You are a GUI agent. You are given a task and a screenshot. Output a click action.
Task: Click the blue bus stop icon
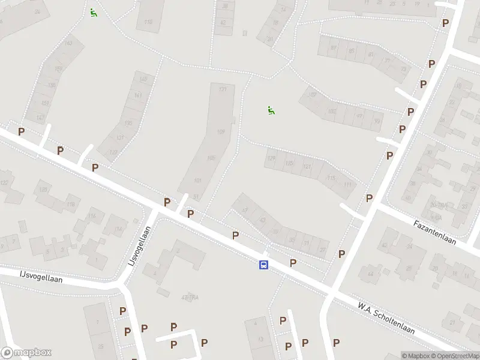pyautogui.click(x=263, y=265)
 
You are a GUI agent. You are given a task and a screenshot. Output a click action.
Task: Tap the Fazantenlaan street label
pyautogui.click(x=434, y=232)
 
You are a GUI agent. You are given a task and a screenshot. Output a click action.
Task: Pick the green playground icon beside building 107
pyautogui.click(x=271, y=110)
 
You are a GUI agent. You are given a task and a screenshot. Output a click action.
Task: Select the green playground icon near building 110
pyautogui.click(x=93, y=13)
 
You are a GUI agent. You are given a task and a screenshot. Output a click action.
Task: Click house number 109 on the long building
pyautogui.click(x=220, y=132)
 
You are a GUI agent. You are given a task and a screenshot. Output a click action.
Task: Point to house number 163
pyautogui.click(x=68, y=43)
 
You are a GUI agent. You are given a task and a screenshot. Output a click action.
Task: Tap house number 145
pyautogui.click(x=143, y=79)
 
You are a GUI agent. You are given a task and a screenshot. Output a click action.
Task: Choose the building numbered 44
pyautogui.click(x=370, y=274)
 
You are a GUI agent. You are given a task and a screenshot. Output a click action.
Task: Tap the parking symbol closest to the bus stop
pyautogui.click(x=293, y=262)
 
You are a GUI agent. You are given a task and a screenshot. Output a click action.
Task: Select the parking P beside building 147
pyautogui.click(x=21, y=131)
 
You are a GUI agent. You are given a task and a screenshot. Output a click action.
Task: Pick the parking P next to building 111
pyautogui.click(x=369, y=198)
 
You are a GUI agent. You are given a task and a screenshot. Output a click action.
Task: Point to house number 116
pyautogui.click(x=92, y=216)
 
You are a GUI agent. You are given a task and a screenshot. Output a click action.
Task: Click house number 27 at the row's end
pyautogui.click(x=322, y=248)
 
